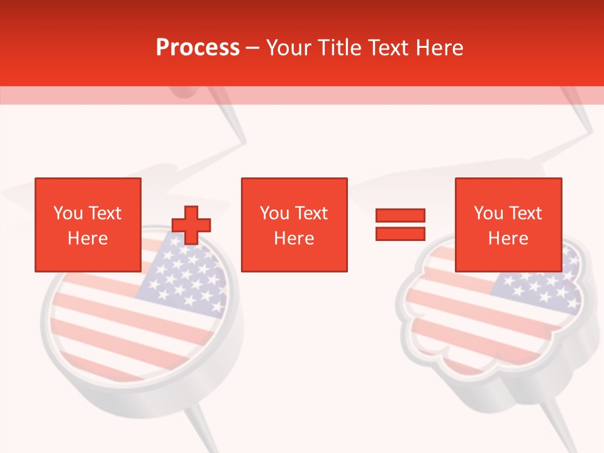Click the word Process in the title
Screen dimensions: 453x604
pos(198,48)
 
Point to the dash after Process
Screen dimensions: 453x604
pos(252,48)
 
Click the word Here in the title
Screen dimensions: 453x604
pos(438,48)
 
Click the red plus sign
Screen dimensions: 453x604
pos(191,225)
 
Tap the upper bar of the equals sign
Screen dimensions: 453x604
pos(400,216)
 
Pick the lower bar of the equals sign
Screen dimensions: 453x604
pos(400,233)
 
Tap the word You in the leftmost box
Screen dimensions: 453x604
pos(67,213)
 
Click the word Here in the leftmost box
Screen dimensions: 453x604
pos(87,238)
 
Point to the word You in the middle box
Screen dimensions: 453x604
pos(274,213)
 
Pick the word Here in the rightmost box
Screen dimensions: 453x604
pos(508,238)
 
